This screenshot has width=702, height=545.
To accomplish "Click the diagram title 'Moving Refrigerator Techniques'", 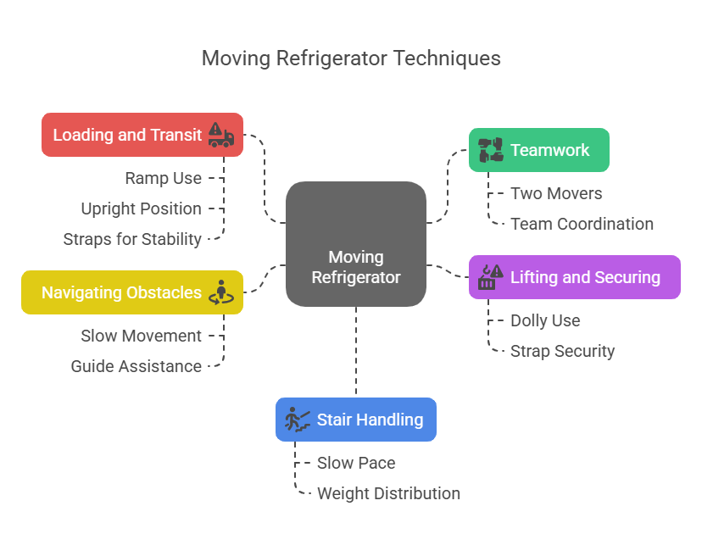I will point(351,58).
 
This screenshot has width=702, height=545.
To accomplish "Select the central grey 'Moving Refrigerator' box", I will point(356,243).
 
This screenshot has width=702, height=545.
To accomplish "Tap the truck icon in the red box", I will point(220,135).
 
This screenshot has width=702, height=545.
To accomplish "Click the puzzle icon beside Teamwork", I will point(490,150).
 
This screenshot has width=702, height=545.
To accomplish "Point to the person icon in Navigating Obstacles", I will point(221,292).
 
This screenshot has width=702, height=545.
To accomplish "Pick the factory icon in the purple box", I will point(490,277).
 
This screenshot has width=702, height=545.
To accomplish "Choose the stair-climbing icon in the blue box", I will point(298,420).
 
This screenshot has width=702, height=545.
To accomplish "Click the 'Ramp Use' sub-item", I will point(164,178).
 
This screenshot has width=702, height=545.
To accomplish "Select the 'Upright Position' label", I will point(141,209).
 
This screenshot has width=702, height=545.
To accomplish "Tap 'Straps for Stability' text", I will point(132,239).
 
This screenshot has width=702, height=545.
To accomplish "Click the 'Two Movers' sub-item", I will point(556,193).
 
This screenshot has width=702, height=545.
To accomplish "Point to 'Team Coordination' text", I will point(582,224).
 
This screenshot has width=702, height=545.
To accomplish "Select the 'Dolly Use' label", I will point(545,320).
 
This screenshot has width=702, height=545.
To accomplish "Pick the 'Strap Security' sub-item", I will point(562,351).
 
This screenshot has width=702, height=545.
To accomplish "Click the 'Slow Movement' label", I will point(141,336).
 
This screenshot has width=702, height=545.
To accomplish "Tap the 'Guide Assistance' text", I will point(136,366).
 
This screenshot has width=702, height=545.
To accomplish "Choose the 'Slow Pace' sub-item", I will point(356,463).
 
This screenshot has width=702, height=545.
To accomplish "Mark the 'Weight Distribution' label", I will point(388,493).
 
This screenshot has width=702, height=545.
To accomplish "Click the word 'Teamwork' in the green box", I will point(549,150).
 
